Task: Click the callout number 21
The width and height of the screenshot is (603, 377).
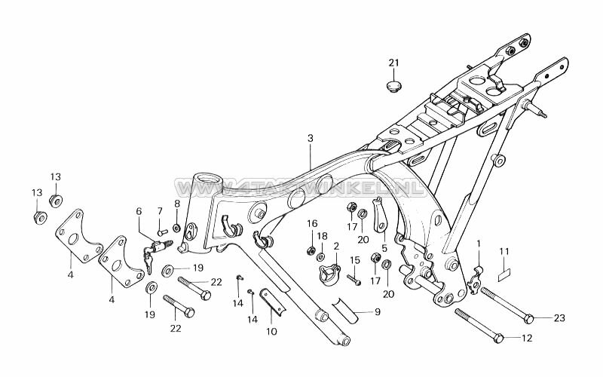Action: [392, 62]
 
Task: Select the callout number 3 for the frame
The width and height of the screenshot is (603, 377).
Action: [310, 138]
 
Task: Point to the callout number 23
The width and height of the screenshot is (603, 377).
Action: [559, 318]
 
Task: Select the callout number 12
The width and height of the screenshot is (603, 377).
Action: [527, 339]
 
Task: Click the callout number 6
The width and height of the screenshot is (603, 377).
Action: [139, 212]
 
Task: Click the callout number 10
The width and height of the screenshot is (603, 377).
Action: [272, 332]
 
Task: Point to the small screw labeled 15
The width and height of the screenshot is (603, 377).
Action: [352, 277]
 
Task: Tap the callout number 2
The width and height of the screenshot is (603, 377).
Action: [335, 246]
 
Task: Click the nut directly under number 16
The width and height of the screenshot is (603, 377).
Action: [311, 249]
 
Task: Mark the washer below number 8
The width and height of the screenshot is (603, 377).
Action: [176, 227]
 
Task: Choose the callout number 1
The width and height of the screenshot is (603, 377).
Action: [477, 242]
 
